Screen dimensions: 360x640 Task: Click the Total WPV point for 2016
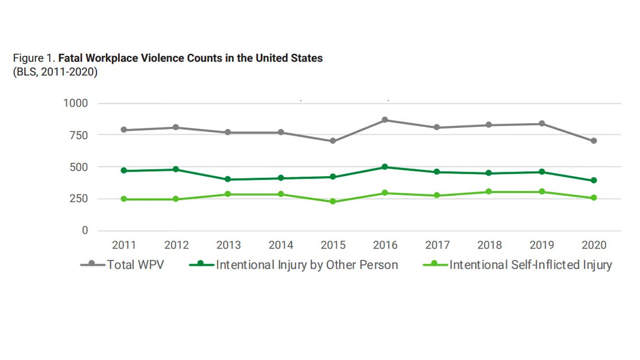385,120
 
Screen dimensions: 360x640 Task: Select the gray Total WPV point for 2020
594,141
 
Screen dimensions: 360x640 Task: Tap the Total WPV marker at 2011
124,130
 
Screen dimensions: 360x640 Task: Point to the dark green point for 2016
385,167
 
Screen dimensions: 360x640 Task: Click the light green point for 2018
489,192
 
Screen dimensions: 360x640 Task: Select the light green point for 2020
594,198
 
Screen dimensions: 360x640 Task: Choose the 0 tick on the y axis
85,230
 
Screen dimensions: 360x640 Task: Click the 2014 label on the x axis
281,245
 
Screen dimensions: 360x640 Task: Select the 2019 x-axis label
542,245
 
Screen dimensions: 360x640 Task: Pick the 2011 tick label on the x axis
124,245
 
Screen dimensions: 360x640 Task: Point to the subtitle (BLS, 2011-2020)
55,72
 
